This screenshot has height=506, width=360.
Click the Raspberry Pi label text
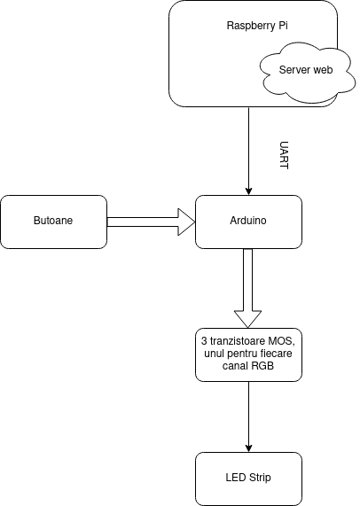point(257,26)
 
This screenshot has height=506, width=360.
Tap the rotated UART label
point(284,155)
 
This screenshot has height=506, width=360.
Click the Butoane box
point(53,222)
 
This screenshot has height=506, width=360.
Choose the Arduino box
point(248,222)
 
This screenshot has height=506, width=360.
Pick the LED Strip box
point(248,479)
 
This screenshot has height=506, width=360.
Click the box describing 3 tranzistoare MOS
point(248,354)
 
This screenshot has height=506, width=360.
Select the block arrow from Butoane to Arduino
point(151,222)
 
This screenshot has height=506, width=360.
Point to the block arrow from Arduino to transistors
point(247,288)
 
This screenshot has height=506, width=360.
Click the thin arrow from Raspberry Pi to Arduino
point(248,151)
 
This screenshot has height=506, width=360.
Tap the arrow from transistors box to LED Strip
point(248,416)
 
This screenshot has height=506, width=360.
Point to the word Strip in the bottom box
point(260,478)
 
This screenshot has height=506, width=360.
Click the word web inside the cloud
point(322,70)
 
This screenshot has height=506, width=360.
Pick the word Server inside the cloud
point(293,70)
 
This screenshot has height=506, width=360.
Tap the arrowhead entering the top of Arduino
point(248,191)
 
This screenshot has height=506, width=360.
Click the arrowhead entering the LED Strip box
point(248,448)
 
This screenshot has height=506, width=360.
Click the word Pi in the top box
point(283,26)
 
